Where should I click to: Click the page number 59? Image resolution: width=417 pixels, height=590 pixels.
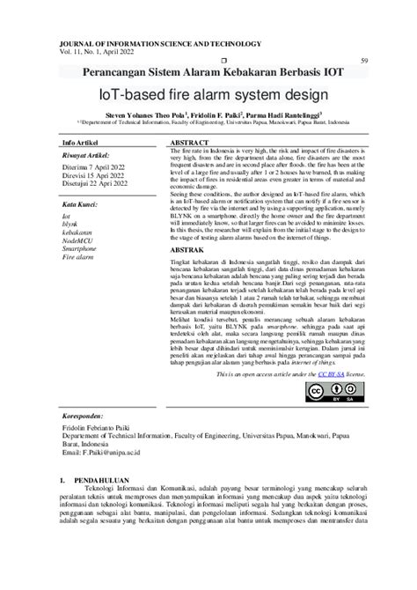point(363,61)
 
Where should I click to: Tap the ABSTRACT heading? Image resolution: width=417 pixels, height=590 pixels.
point(189,142)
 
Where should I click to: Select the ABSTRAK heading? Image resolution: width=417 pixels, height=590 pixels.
point(185,250)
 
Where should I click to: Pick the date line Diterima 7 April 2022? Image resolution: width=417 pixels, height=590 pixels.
point(94,166)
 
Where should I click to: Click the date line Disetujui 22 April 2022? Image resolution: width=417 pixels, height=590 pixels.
point(96,184)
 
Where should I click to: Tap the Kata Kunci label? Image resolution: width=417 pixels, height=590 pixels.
point(80,203)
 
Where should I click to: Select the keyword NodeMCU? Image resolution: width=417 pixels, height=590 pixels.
point(77,240)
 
